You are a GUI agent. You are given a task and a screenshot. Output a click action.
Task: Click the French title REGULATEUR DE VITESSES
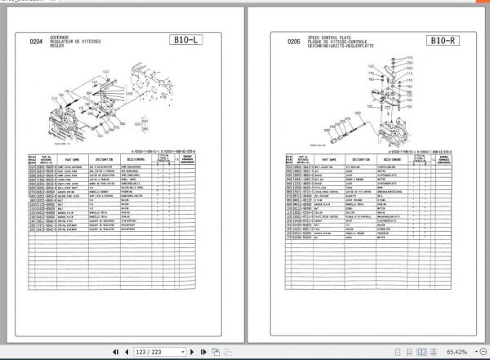(74, 40)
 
